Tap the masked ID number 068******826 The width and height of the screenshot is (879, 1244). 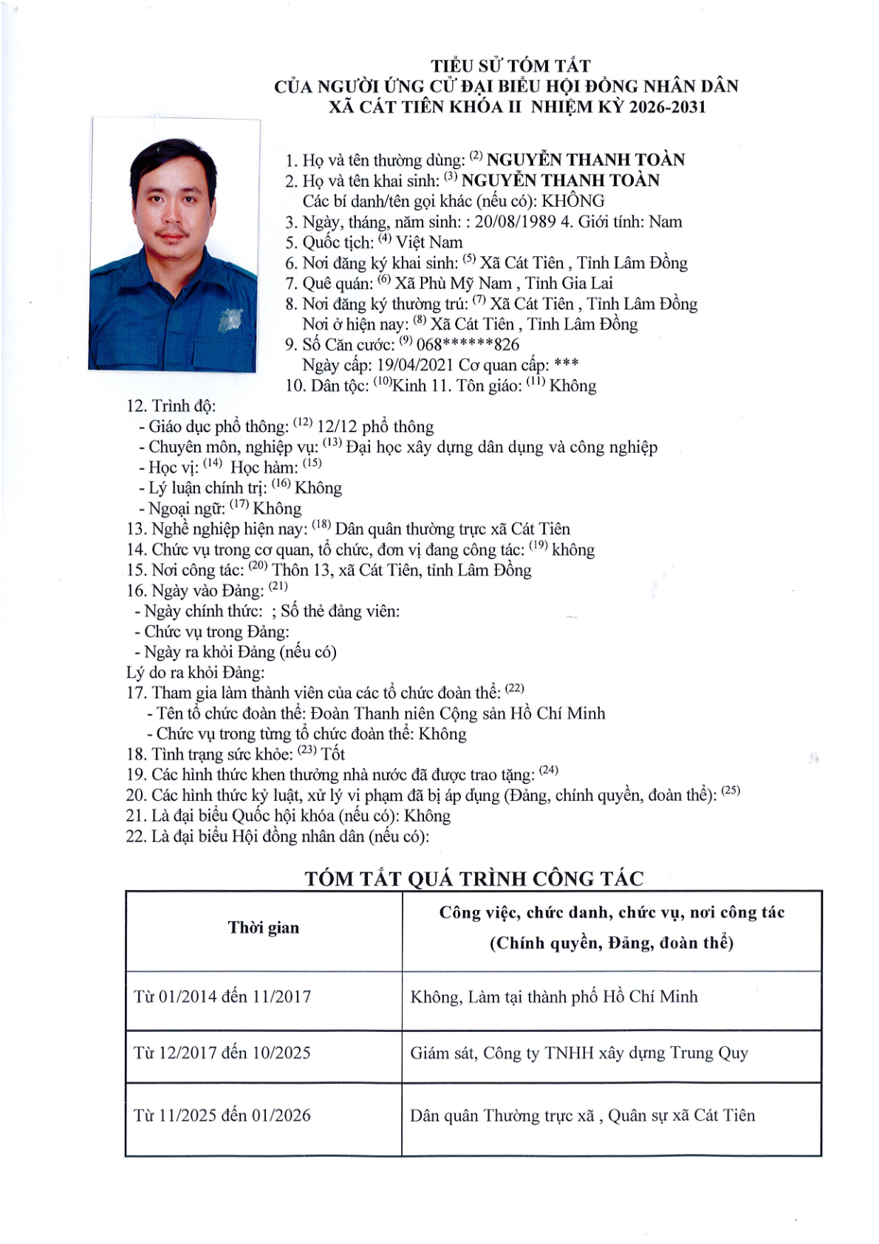pos(468,345)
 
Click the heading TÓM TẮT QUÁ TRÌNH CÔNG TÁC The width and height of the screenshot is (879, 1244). pos(473,878)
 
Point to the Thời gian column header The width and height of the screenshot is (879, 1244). pos(264,928)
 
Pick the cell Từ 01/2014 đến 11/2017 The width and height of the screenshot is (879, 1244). pos(222,997)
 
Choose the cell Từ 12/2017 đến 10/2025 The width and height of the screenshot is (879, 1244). pos(222,1053)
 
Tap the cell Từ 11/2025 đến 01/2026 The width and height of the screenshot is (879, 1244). pos(222,1115)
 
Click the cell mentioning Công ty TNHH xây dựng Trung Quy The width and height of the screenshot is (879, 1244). pos(579,1053)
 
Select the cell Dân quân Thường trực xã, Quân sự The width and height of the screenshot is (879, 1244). pos(582,1115)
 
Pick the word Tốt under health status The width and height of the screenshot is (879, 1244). pos(333,754)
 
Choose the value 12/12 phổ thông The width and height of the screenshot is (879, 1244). pos(375,427)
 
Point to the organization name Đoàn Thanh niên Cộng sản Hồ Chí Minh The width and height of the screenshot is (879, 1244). pos(457,714)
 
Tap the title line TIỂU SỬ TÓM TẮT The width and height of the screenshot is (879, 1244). pos(510,66)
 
